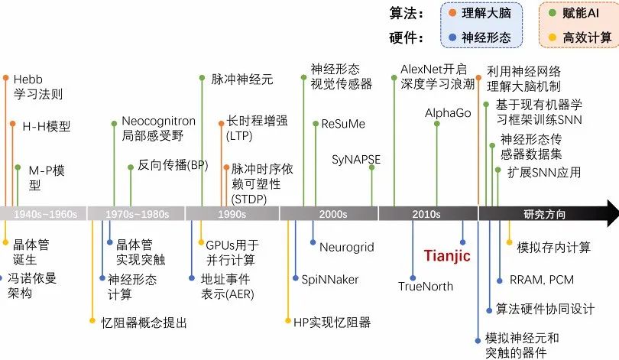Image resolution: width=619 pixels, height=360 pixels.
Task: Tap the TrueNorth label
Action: click(x=426, y=287)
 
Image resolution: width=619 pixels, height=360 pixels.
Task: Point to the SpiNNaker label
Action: click(x=329, y=280)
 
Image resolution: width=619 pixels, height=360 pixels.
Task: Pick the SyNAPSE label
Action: click(x=356, y=160)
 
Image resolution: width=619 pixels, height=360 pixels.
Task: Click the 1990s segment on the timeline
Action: click(x=232, y=214)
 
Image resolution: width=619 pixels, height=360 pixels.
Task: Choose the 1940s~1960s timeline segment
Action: click(x=44, y=214)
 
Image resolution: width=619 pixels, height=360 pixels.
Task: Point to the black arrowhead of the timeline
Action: click(x=608, y=214)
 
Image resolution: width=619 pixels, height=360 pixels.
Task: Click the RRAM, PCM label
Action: click(x=536, y=280)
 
